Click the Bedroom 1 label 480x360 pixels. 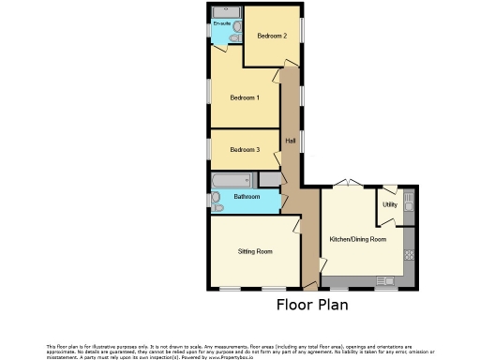pyautogui.click(x=245, y=97)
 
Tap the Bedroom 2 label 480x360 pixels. pyautogui.click(x=272, y=36)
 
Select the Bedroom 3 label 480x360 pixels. pyautogui.click(x=245, y=149)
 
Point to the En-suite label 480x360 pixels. pyautogui.click(x=222, y=22)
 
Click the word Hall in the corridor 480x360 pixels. pyautogui.click(x=291, y=141)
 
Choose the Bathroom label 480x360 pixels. pyautogui.click(x=247, y=197)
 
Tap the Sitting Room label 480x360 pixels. pyautogui.click(x=255, y=251)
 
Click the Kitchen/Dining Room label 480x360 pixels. pyautogui.click(x=357, y=239)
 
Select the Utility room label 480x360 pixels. pyautogui.click(x=389, y=204)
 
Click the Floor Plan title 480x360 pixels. pyautogui.click(x=312, y=305)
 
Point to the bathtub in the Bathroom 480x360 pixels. pyautogui.click(x=235, y=179)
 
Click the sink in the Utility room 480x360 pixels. pyautogui.click(x=409, y=202)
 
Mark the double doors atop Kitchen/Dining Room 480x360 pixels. pyautogui.click(x=349, y=183)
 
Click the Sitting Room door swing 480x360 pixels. pyautogui.click(x=296, y=225)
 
